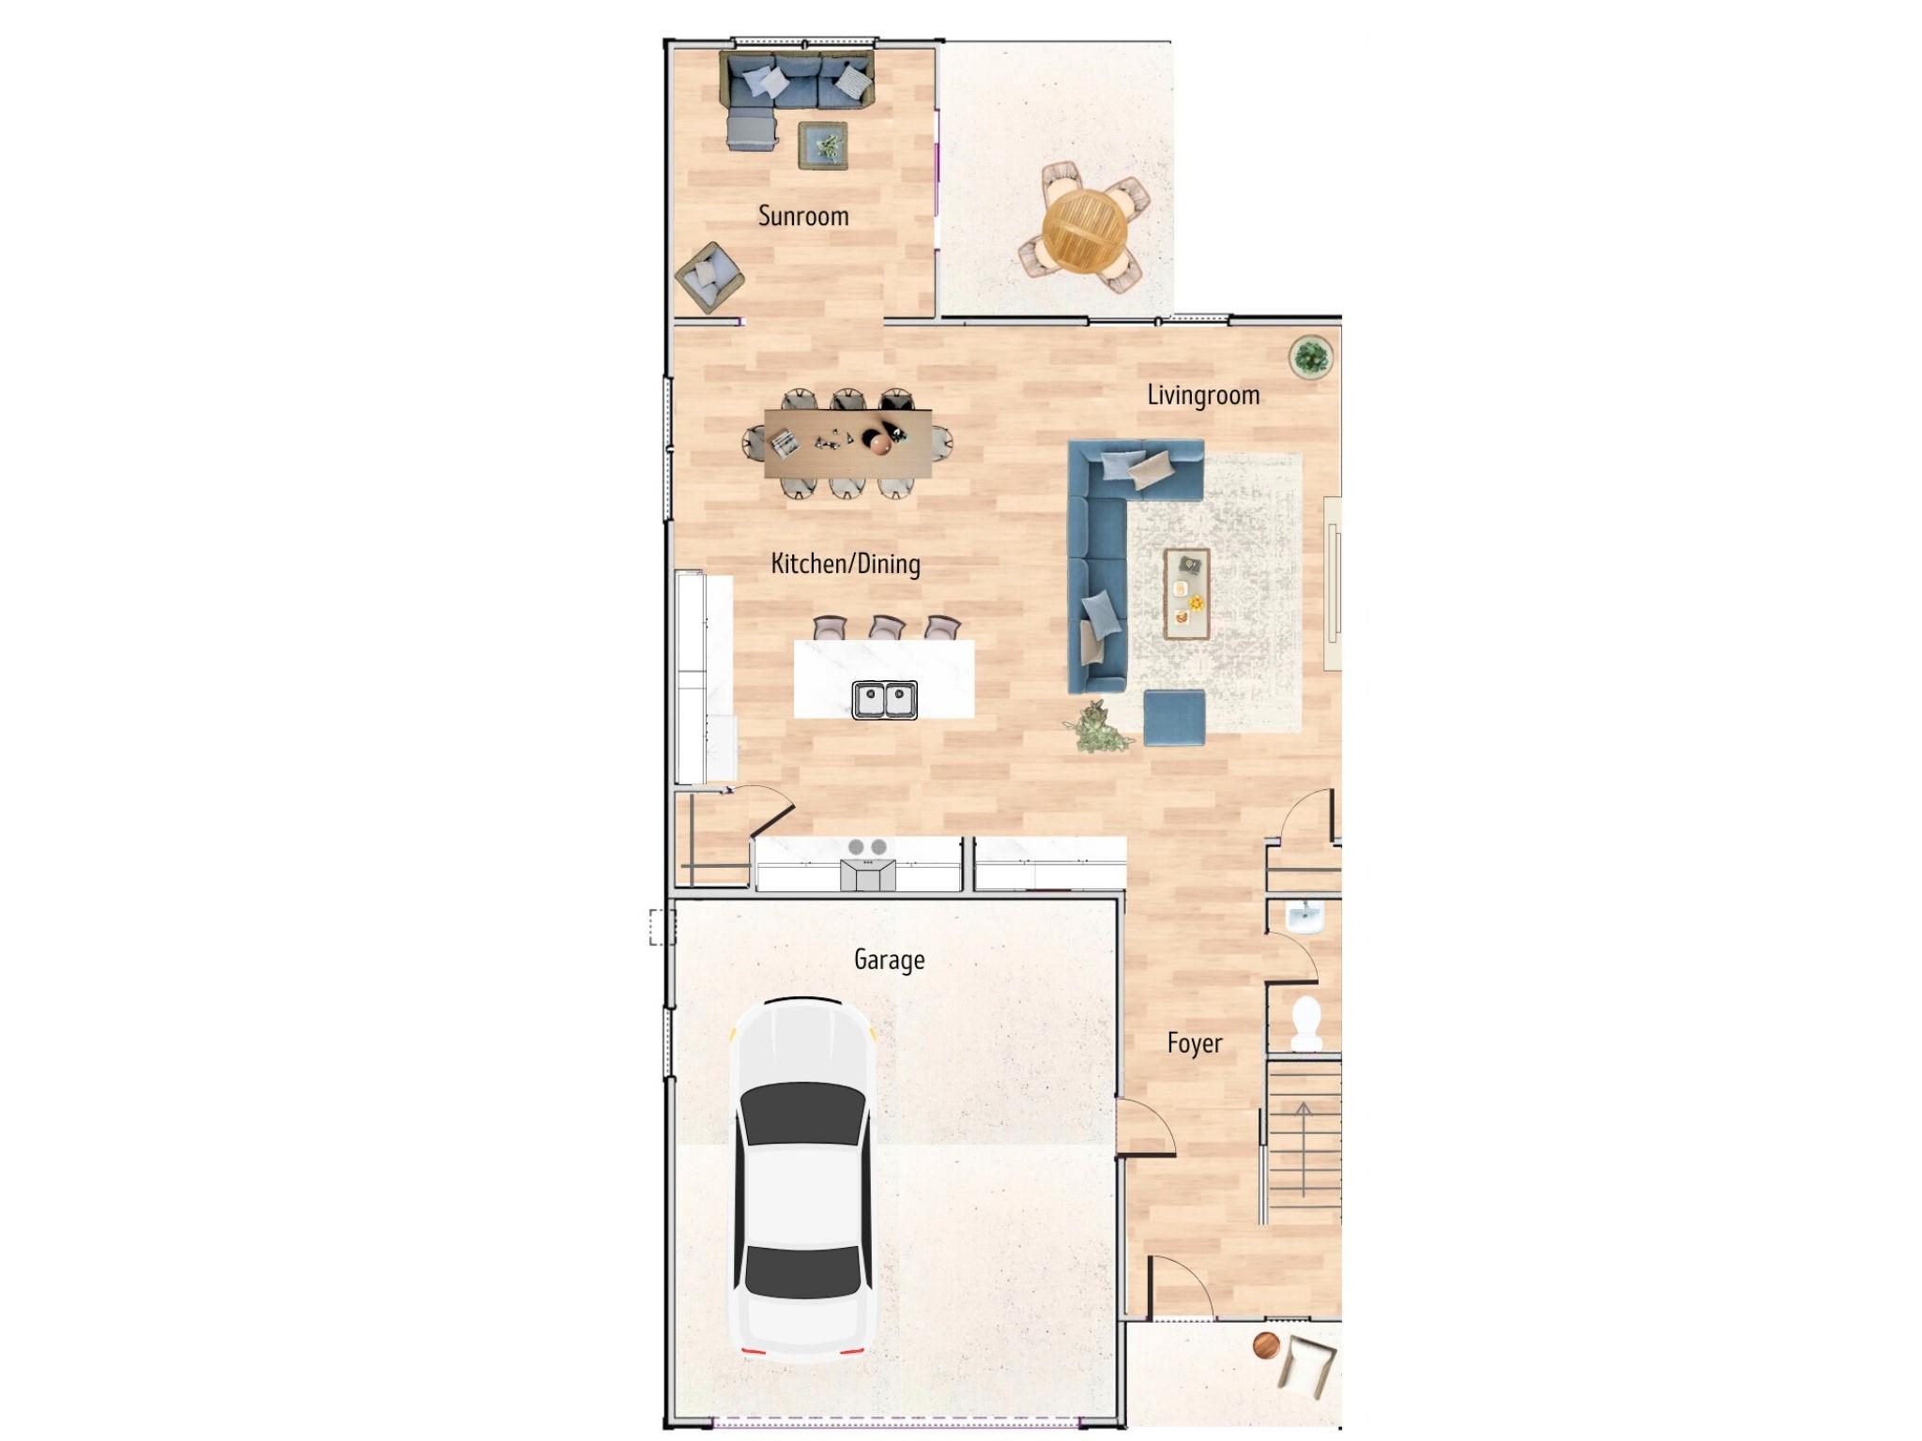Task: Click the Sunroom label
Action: (803, 216)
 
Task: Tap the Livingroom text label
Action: (1203, 395)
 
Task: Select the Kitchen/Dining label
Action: (845, 564)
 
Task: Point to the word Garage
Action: (889, 960)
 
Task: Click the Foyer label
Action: (1195, 1043)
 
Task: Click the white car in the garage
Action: (803, 1182)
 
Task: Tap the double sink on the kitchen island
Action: (884, 700)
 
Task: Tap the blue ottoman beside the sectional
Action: (1174, 719)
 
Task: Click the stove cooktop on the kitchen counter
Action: (868, 847)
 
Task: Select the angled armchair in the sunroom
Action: (709, 277)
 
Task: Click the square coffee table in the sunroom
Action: (824, 146)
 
